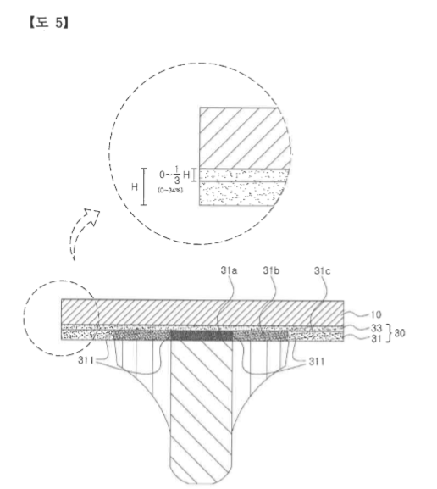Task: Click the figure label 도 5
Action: (48, 23)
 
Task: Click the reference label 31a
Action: (229, 270)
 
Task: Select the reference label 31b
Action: (271, 270)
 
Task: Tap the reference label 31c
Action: (322, 270)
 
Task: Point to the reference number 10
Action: (376, 314)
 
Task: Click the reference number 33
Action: (376, 328)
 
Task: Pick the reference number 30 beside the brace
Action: (400, 333)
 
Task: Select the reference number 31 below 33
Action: (376, 339)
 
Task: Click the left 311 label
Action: (86, 360)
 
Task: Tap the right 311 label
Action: (317, 362)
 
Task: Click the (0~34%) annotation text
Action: (170, 190)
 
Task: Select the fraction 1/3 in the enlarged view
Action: (177, 175)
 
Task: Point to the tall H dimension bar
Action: (143, 186)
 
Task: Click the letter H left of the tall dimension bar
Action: (135, 186)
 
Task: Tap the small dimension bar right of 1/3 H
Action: (194, 175)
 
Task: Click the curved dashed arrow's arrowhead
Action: (93, 216)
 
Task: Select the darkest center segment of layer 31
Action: (202, 336)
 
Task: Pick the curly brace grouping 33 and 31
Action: (389, 333)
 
